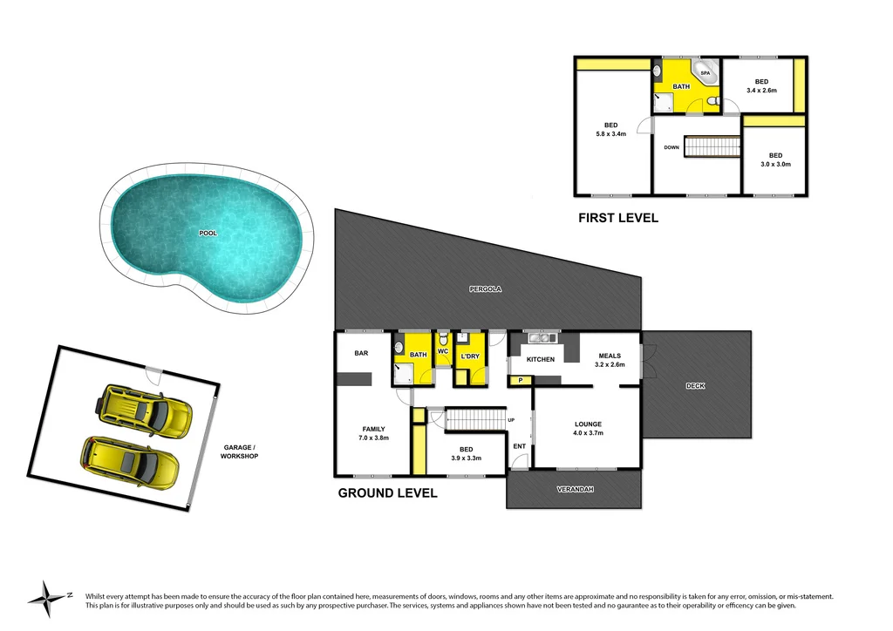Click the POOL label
click(208, 234)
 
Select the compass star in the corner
click(43, 598)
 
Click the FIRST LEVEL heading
click(618, 218)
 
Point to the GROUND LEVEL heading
click(387, 493)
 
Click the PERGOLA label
click(486, 288)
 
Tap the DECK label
click(695, 385)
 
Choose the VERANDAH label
click(575, 489)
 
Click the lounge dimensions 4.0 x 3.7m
click(588, 433)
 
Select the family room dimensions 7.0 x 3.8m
click(374, 438)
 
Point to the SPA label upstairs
click(705, 73)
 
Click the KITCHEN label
click(541, 359)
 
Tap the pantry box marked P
click(521, 380)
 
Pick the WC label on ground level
click(442, 351)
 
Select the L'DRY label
click(471, 355)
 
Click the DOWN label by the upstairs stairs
click(671, 147)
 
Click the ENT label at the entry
click(519, 446)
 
